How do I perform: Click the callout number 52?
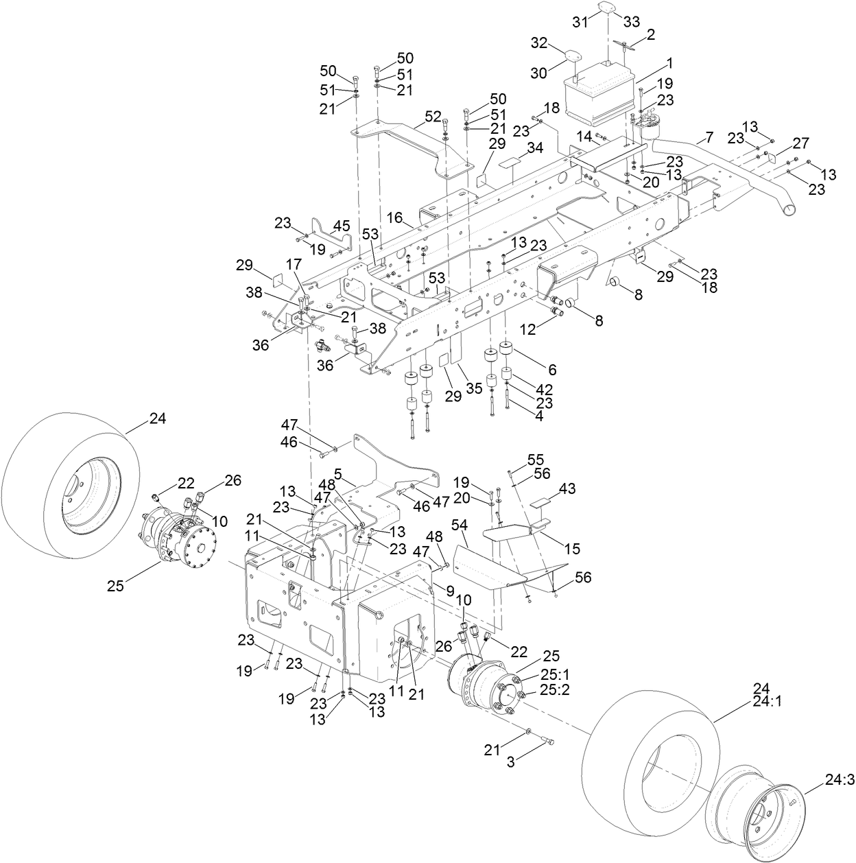(x=432, y=117)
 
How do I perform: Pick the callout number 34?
(x=535, y=148)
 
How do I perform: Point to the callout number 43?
(x=567, y=488)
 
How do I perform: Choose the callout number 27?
(x=800, y=143)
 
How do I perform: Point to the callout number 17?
(x=294, y=263)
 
